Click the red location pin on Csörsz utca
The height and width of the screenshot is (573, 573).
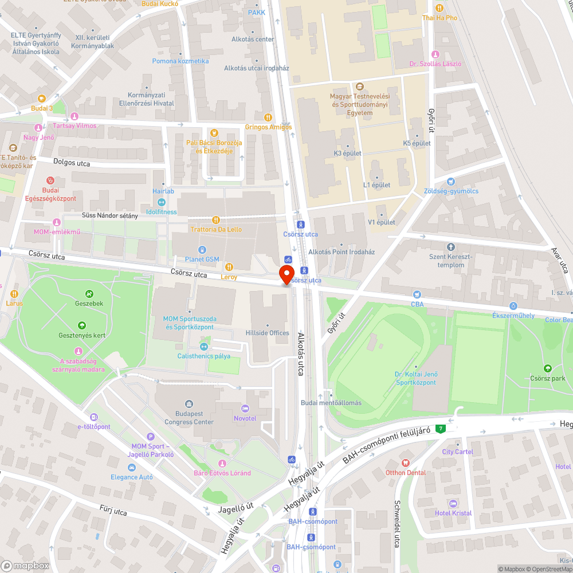(x=286, y=275)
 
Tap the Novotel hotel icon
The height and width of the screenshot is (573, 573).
(x=246, y=409)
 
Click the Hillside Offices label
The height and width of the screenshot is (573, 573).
(x=267, y=333)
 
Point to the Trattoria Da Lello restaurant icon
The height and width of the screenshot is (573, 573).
(x=215, y=219)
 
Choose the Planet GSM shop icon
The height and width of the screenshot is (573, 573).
(x=202, y=249)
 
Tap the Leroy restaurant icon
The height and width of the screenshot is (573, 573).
(x=229, y=266)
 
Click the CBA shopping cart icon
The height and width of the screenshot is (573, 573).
(x=417, y=294)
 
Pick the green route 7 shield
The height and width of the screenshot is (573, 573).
(x=440, y=429)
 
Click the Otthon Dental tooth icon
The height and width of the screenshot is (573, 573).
(x=405, y=462)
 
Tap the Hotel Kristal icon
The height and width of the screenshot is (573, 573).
(x=453, y=503)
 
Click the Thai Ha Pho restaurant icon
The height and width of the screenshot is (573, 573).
(x=439, y=8)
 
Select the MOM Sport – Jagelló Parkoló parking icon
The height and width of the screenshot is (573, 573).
(x=151, y=437)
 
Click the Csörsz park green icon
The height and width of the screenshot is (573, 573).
(x=547, y=368)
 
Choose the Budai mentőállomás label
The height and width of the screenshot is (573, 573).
(x=331, y=402)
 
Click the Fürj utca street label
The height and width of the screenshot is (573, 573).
(x=113, y=511)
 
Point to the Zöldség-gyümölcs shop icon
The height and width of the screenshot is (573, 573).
(x=451, y=181)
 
